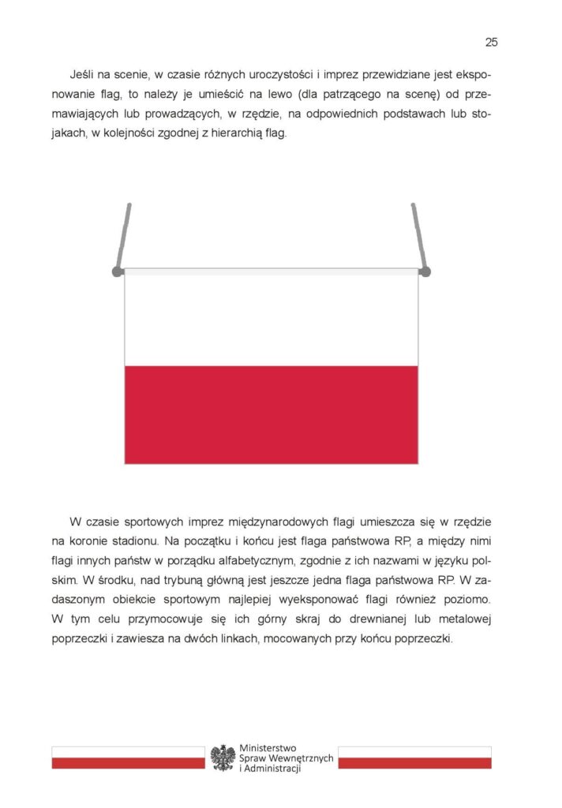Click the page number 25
[491, 42]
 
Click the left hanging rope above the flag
[123, 235]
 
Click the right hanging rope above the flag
[418, 235]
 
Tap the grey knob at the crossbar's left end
[118, 271]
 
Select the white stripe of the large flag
[271, 317]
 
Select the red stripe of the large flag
[271, 414]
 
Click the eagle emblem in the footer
[223, 757]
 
